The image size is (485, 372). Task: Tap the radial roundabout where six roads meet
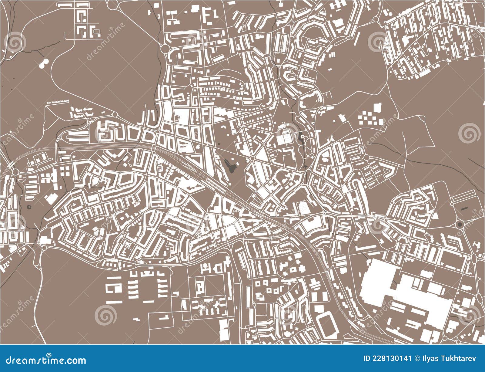click(252, 159)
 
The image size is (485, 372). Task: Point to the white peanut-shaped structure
click(43, 64)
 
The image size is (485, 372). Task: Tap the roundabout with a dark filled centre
click(459, 225)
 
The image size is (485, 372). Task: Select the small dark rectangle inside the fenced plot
click(464, 208)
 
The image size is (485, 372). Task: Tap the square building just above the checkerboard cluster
click(378, 108)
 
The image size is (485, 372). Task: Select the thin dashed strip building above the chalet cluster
click(58, 102)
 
